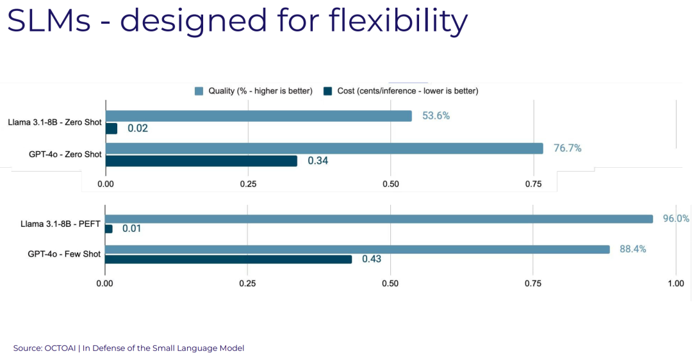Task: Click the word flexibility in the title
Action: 398,20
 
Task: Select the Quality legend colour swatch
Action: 199,91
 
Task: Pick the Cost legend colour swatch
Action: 328,91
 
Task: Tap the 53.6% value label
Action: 436,116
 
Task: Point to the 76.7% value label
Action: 567,148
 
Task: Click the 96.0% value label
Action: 675,218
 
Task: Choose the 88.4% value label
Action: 633,249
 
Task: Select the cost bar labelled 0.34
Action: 201,161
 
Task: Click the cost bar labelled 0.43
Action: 229,259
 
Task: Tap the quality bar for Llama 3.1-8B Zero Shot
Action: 259,116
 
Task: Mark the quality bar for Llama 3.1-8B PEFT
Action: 379,218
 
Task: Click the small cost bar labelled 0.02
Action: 111,128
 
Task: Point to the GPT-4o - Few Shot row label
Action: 64,254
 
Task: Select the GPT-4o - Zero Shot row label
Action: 65,154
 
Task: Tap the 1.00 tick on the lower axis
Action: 675,283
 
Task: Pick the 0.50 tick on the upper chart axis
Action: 391,184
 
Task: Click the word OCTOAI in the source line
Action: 60,348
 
